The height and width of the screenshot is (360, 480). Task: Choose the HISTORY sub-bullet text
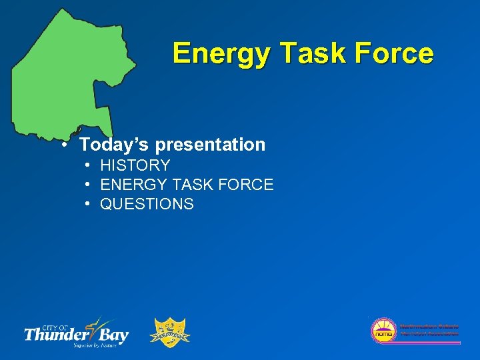pyautogui.click(x=135, y=165)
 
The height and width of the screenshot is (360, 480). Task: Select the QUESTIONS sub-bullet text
pyautogui.click(x=147, y=204)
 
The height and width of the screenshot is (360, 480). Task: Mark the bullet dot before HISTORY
pyautogui.click(x=88, y=165)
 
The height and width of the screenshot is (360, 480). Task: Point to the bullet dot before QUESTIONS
pyautogui.click(x=88, y=203)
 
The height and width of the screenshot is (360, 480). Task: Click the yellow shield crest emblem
pyautogui.click(x=172, y=331)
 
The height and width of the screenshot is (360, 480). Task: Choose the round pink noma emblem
pyautogui.click(x=383, y=330)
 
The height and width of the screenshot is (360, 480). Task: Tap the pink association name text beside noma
pyautogui.click(x=429, y=329)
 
